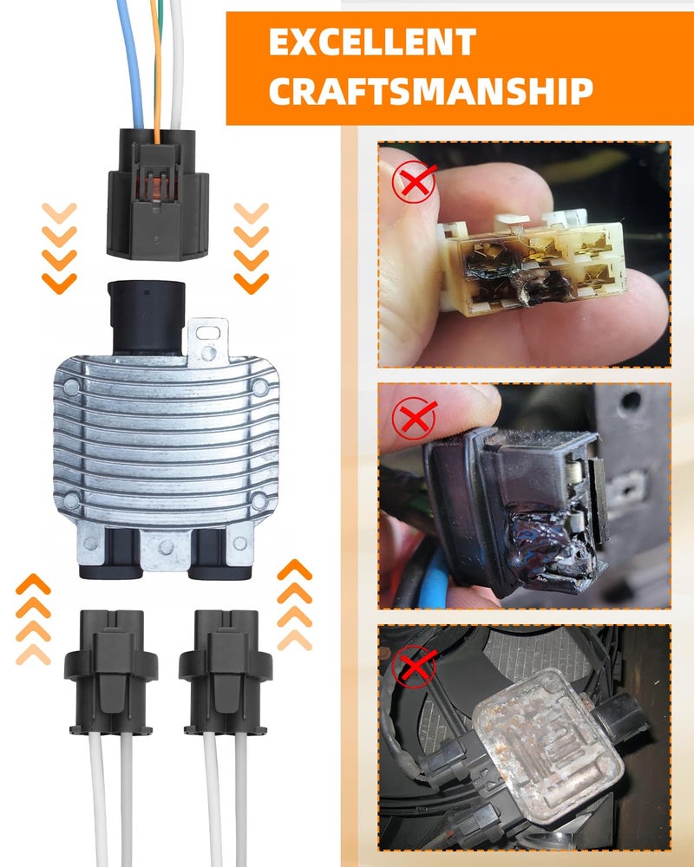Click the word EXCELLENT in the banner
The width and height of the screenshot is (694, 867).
[x=372, y=42]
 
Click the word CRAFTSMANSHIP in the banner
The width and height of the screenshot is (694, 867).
[x=431, y=91]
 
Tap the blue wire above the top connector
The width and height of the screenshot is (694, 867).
[x=131, y=63]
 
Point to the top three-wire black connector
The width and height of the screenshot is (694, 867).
[x=157, y=193]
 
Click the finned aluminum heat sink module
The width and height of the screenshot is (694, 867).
[x=166, y=442]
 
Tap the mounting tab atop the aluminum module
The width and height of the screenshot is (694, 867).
[x=208, y=342]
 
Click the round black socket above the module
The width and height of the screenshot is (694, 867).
[x=147, y=316]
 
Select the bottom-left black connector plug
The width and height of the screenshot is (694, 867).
[x=111, y=672]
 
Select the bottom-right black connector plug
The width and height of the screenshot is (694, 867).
[x=226, y=672]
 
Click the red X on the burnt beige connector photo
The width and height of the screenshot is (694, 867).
[x=415, y=181]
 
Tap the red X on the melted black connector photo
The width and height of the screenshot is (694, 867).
[x=415, y=418]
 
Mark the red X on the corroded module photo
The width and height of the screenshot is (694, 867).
[x=414, y=666]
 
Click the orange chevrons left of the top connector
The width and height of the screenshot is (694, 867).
[x=59, y=248]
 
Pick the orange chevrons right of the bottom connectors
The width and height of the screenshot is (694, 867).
[x=294, y=605]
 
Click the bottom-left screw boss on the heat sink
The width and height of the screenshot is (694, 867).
[x=71, y=501]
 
